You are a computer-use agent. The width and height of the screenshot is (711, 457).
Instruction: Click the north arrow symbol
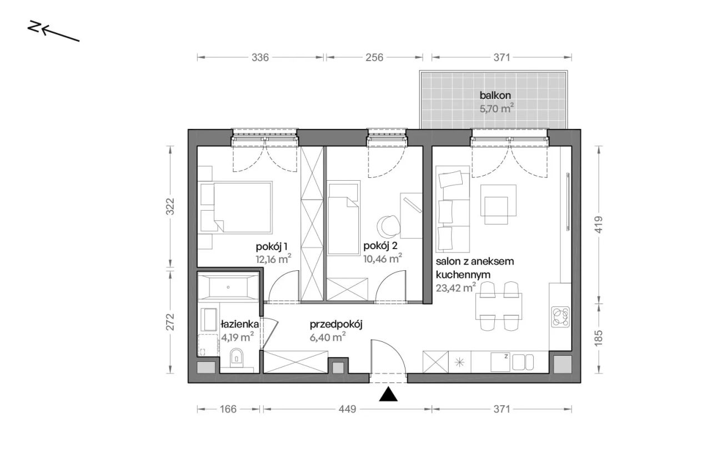(53, 31)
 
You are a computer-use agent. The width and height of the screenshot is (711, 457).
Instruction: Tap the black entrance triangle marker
(388, 394)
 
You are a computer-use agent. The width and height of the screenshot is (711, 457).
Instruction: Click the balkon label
(495, 95)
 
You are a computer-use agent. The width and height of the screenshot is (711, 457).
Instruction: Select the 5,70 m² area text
(497, 108)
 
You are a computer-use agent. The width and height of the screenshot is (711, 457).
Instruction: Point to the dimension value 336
(260, 57)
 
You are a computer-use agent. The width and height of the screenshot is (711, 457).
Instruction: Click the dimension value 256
(374, 57)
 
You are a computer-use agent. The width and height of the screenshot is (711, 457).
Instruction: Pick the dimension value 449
(347, 409)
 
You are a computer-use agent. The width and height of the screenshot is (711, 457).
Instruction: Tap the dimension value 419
(598, 225)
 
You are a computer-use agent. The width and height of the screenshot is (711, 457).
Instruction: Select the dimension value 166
(228, 409)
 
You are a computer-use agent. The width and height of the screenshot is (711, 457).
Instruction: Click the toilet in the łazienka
(236, 360)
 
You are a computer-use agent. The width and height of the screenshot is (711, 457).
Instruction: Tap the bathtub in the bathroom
(228, 287)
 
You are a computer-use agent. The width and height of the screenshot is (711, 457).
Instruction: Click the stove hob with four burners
(560, 316)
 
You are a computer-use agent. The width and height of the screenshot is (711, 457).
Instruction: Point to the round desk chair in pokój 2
(388, 226)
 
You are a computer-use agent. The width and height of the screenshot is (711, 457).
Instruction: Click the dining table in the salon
(499, 306)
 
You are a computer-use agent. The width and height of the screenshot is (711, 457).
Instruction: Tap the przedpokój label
(336, 325)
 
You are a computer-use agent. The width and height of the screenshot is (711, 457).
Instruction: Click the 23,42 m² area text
(455, 288)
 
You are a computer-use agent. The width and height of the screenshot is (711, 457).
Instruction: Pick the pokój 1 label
(272, 246)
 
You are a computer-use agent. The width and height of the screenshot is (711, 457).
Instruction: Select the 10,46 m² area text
(383, 259)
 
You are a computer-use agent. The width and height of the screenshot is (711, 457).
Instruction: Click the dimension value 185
(598, 338)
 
